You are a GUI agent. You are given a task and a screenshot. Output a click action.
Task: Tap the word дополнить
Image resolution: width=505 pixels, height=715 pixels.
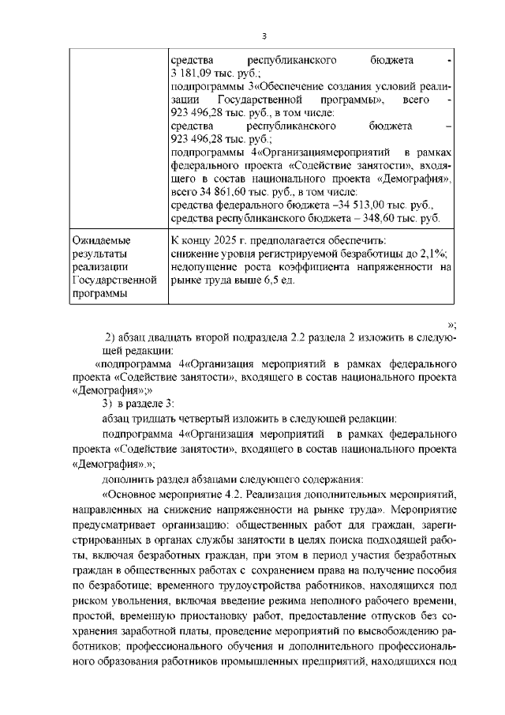(x=126, y=478)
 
